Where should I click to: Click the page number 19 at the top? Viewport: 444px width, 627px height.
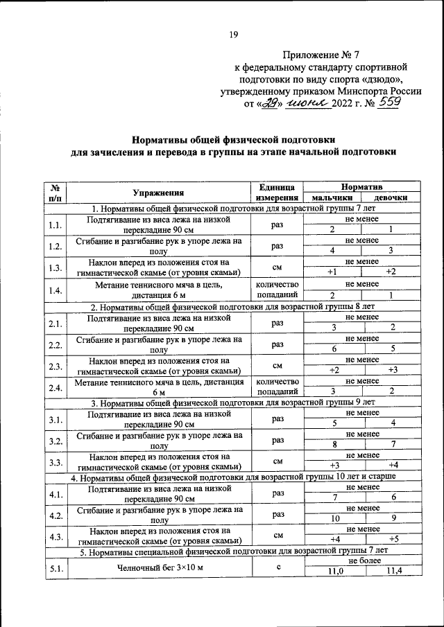(234, 37)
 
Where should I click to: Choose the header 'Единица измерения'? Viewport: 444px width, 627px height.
(277, 192)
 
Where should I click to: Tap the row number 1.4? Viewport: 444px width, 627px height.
(55, 290)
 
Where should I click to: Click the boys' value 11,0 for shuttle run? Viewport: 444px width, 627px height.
(335, 570)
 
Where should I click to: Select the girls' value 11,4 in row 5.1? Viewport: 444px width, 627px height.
(393, 570)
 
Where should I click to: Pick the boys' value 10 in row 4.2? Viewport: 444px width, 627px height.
(335, 518)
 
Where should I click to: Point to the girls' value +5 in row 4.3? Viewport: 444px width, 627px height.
(393, 539)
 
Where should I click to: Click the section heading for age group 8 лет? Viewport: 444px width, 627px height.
(233, 305)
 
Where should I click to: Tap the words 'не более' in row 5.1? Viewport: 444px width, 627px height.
(363, 560)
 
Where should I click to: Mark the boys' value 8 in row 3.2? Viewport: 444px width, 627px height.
(335, 444)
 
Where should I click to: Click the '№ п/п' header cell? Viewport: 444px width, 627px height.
(55, 192)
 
